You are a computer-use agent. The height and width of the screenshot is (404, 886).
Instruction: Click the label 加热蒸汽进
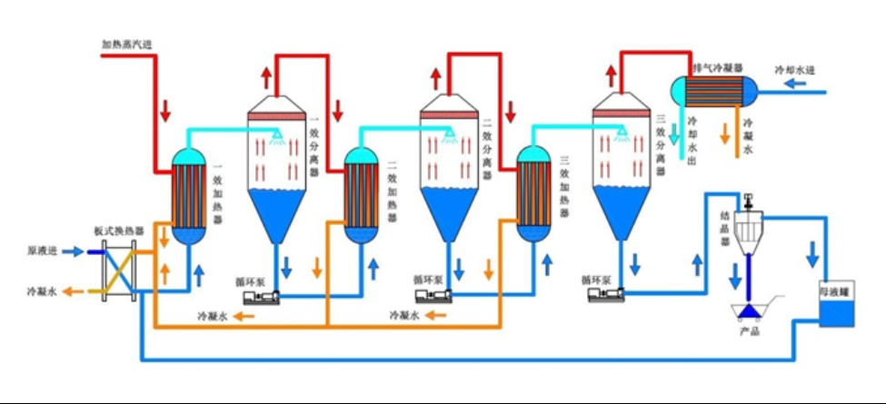pyautogui.click(x=126, y=43)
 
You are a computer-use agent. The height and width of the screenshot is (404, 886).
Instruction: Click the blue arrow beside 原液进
pyautogui.click(x=75, y=251)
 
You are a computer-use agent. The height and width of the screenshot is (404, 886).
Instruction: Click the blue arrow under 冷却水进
pyautogui.click(x=794, y=84)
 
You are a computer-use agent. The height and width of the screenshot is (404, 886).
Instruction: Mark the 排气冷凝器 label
pyautogui.click(x=717, y=68)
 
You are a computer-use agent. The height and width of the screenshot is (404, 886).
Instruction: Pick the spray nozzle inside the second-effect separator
pyautogui.click(x=448, y=133)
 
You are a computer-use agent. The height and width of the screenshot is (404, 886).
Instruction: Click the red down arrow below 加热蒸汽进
pyautogui.click(x=165, y=113)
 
